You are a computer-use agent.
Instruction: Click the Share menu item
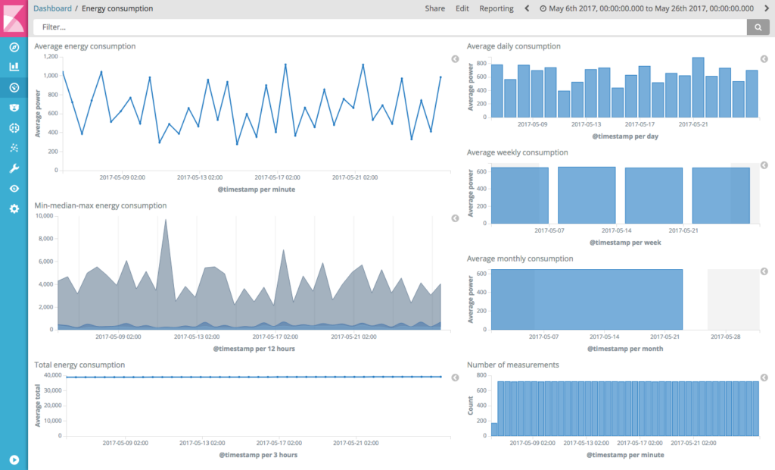pos(434,8)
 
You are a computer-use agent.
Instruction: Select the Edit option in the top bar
pos(462,8)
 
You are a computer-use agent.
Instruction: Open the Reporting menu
pos(496,8)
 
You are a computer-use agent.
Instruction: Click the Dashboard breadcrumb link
pos(53,8)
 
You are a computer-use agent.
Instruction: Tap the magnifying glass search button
pos(758,27)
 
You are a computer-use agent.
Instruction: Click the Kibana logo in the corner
pos(14,17)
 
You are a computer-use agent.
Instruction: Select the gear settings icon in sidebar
pos(14,208)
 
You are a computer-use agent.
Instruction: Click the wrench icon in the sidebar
pos(14,168)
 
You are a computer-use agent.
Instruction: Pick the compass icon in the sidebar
pos(14,47)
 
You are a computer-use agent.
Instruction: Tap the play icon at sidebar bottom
pos(14,459)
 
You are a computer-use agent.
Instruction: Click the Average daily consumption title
pos(513,46)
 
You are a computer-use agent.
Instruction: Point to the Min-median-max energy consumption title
pos(100,205)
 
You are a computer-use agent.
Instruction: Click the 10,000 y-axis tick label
pos(43,216)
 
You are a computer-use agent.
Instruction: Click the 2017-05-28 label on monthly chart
pos(725,336)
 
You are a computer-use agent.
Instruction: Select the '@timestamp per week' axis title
pos(625,243)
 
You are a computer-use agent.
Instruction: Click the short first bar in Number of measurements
pos(494,429)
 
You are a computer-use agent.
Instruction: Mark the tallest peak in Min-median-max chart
pos(166,221)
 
